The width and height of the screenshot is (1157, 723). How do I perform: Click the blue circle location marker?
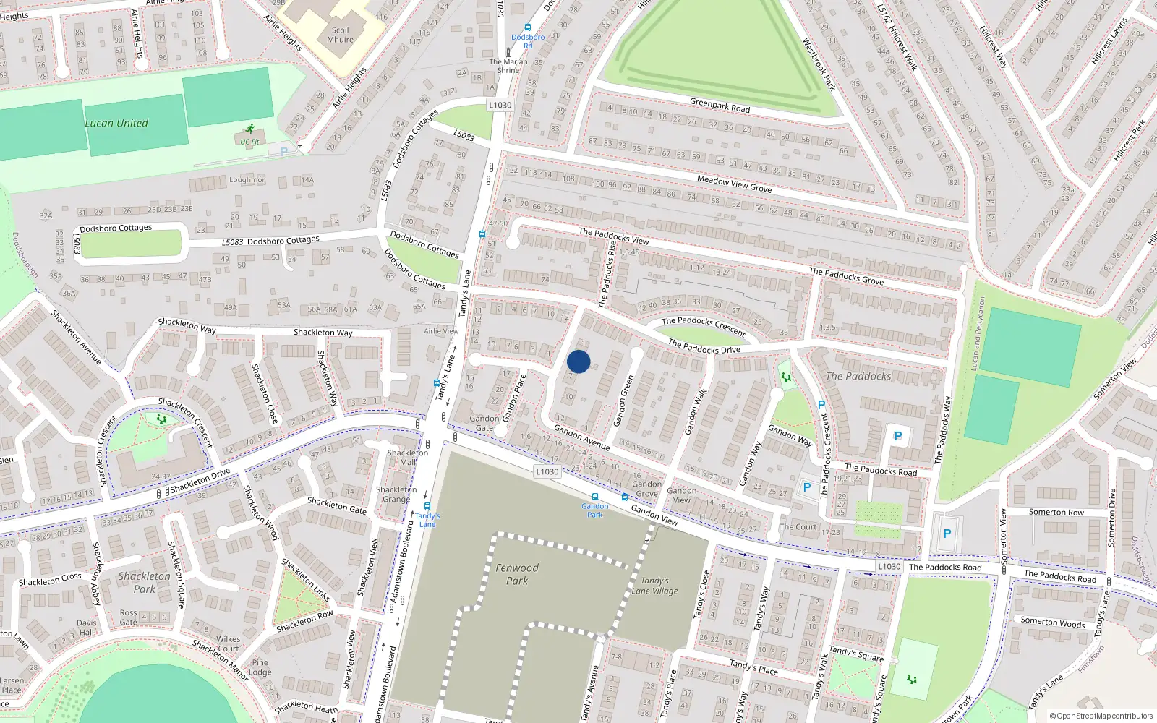[x=578, y=361]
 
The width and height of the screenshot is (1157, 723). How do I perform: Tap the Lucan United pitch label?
[x=116, y=124]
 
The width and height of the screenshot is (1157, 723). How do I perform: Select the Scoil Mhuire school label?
[x=340, y=35]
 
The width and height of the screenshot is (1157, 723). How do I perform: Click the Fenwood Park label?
[x=517, y=574]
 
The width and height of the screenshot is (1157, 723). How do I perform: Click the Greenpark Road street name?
[x=720, y=106]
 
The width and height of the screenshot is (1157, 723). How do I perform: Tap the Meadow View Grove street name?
[x=734, y=184]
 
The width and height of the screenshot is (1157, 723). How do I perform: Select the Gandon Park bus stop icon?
[x=595, y=497]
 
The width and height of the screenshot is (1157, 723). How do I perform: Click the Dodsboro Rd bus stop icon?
[x=527, y=28]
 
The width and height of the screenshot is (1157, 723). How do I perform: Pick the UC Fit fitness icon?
[x=249, y=129]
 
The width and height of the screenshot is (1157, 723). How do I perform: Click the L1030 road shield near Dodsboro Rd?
[x=500, y=105]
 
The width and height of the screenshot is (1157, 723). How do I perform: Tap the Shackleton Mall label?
[x=408, y=458]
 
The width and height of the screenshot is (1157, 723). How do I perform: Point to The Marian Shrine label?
[x=508, y=66]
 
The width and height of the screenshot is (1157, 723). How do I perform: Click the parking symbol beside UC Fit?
[x=284, y=152]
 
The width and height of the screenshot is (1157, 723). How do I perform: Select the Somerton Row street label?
[x=1056, y=512]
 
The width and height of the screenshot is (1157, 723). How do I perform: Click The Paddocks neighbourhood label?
[x=858, y=376]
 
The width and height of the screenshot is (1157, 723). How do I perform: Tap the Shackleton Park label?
[x=145, y=582]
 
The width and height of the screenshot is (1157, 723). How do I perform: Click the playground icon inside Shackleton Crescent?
[x=161, y=419]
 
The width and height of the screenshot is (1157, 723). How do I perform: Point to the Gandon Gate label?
[x=484, y=423]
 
